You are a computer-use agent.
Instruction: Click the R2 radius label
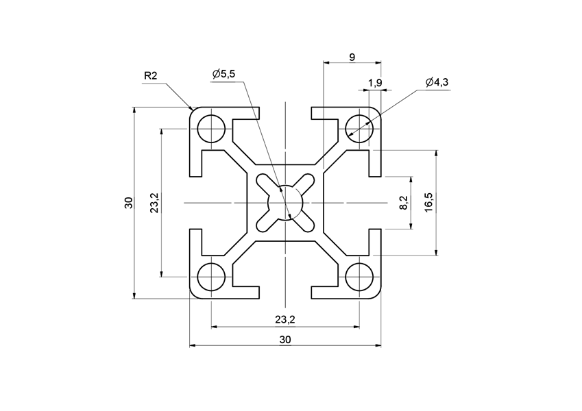tap(151, 76)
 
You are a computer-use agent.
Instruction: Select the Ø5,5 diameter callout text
tap(223, 74)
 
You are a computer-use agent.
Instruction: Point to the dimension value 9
tap(352, 58)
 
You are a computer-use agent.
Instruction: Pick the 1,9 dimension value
tap(375, 83)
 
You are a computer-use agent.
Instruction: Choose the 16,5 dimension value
tap(428, 203)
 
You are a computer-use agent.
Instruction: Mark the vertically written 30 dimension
tap(128, 203)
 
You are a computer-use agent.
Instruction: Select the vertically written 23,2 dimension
tap(154, 203)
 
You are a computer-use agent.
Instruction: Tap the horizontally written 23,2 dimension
tap(285, 319)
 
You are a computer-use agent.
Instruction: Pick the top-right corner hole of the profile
tap(359, 126)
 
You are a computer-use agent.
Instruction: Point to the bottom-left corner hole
tap(211, 277)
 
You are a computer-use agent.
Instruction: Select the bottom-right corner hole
tap(359, 277)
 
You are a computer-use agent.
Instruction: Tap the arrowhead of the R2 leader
tap(193, 109)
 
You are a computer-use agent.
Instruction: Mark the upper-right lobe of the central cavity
tap(306, 182)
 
